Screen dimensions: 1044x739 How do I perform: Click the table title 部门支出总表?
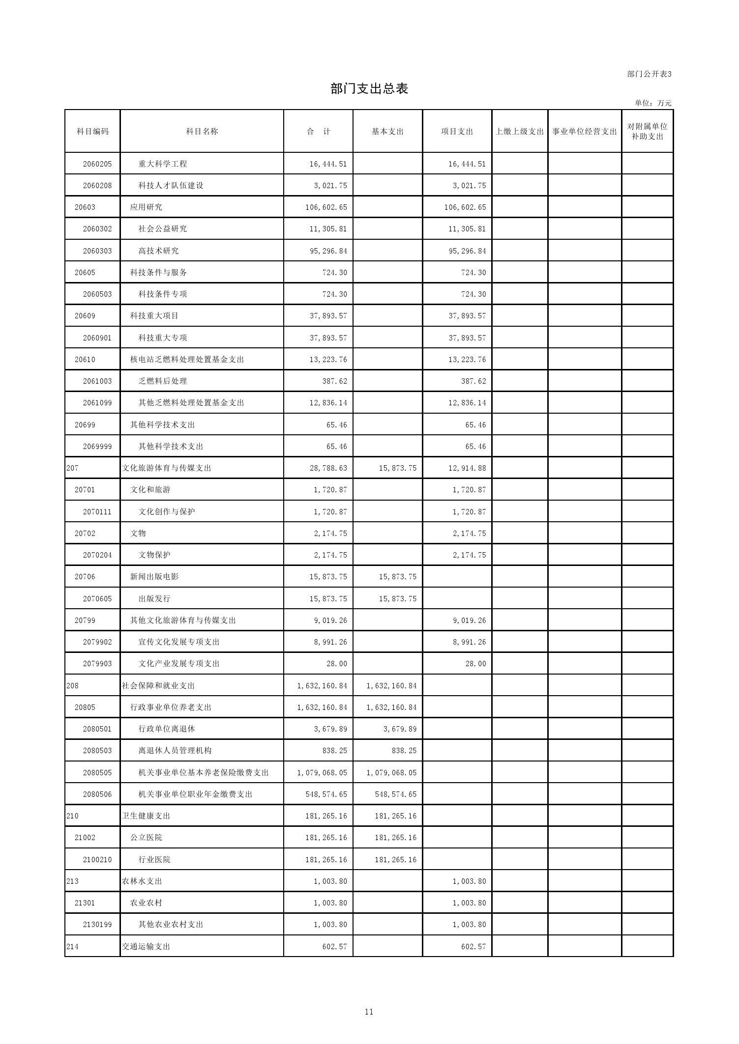click(x=369, y=89)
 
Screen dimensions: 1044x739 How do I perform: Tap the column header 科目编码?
click(x=92, y=131)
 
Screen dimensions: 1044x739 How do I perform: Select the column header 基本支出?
click(x=387, y=131)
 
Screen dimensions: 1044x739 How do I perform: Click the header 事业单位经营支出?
click(x=584, y=131)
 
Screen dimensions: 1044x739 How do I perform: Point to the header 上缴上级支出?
click(x=520, y=131)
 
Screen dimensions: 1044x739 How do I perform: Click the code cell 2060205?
click(x=97, y=164)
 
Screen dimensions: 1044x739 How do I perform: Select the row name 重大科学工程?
click(x=163, y=164)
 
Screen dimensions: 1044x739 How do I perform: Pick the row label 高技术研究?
click(x=159, y=251)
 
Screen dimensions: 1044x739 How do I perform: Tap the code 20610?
click(x=85, y=360)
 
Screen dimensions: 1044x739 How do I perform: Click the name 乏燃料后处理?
click(x=163, y=381)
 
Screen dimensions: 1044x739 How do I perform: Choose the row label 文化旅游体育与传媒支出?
click(x=167, y=468)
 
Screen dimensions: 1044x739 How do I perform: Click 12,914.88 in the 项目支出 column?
click(x=467, y=468)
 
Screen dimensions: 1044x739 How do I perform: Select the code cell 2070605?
click(x=97, y=599)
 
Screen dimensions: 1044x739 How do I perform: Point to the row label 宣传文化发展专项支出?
click(x=179, y=642)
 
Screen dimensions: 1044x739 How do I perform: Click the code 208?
click(x=72, y=686)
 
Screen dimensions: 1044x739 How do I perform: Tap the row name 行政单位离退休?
click(x=167, y=729)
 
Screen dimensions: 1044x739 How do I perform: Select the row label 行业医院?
click(x=154, y=860)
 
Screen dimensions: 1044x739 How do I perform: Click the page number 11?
click(x=369, y=1012)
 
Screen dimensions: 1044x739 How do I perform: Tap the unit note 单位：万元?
click(x=653, y=103)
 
